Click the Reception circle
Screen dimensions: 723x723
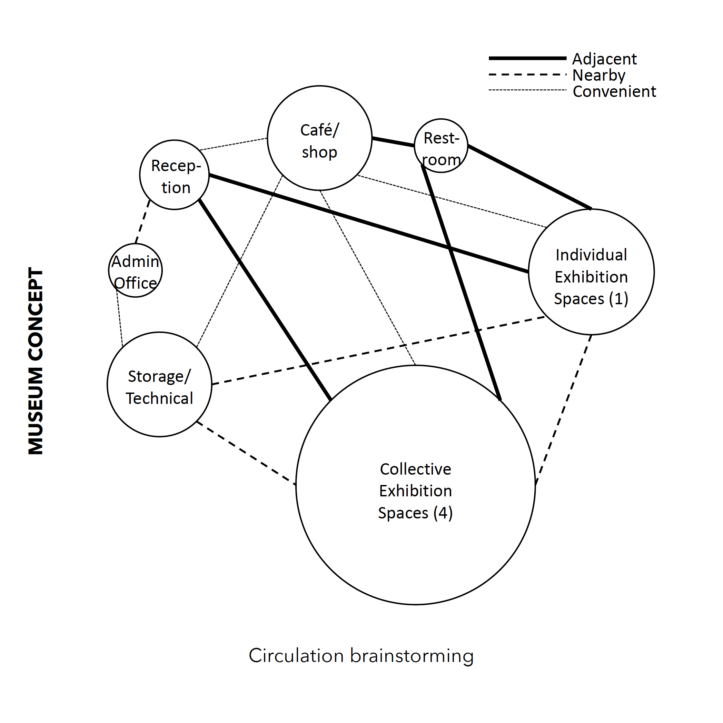tap(175, 175)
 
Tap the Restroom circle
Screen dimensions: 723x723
tap(441, 146)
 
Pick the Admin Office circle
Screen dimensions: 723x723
tap(135, 270)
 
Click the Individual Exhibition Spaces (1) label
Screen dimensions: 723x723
tap(591, 277)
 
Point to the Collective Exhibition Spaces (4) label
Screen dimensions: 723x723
tap(415, 491)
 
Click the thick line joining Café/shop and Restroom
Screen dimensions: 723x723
tap(393, 142)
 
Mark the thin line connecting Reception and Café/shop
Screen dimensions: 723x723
tap(234, 144)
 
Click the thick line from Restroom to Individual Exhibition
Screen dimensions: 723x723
tap(529, 177)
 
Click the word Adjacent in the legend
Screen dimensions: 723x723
tap(604, 59)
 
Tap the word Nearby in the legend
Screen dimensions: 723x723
tap(599, 75)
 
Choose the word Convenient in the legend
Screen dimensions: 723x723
tap(614, 91)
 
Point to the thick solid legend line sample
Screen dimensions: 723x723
tap(527, 58)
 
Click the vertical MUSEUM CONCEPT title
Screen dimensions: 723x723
tap(36, 361)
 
